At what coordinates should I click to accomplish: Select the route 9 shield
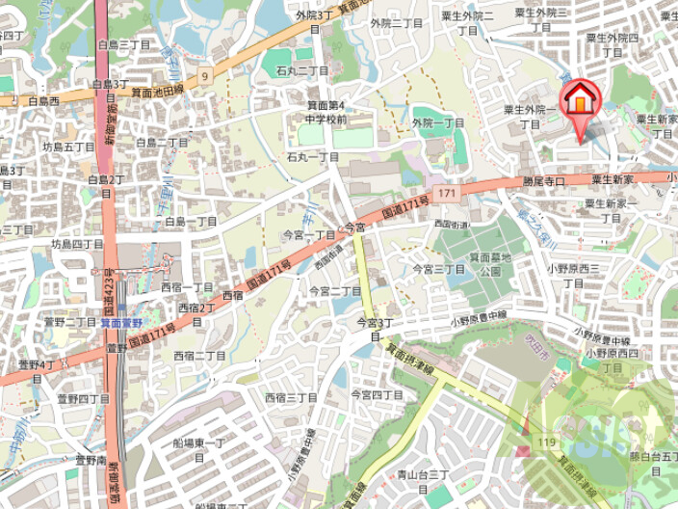[204, 74]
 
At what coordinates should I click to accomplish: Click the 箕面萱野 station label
[122, 323]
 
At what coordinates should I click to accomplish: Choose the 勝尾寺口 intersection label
[543, 181]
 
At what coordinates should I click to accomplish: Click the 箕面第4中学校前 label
[326, 112]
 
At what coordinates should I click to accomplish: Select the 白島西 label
[43, 100]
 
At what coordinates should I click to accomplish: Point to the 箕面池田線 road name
[157, 92]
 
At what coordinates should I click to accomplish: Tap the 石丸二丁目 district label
[302, 70]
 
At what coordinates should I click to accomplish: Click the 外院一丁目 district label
[438, 123]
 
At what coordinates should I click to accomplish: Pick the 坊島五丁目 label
[67, 147]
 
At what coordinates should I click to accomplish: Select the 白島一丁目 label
[191, 222]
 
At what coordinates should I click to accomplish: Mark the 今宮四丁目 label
[377, 394]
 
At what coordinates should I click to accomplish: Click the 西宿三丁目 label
[292, 396]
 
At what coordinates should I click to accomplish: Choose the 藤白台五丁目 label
[655, 462]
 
